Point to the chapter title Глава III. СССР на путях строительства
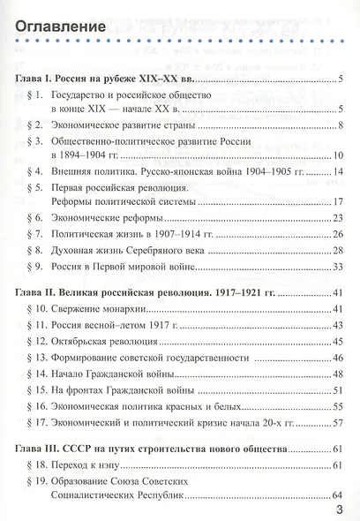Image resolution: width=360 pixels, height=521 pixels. tap(149, 449)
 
